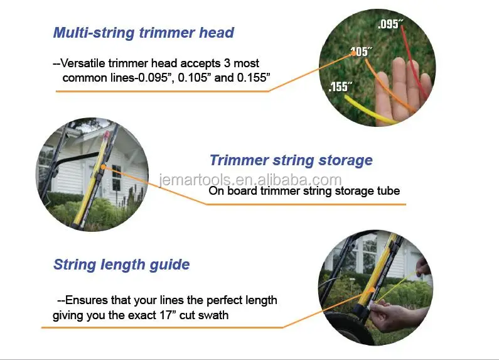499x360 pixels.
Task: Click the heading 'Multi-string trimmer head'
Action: [143, 33]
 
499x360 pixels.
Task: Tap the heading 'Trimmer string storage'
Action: [291, 160]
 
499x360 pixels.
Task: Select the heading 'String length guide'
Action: [121, 264]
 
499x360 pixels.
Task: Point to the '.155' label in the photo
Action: [340, 87]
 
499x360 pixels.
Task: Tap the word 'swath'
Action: [213, 315]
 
